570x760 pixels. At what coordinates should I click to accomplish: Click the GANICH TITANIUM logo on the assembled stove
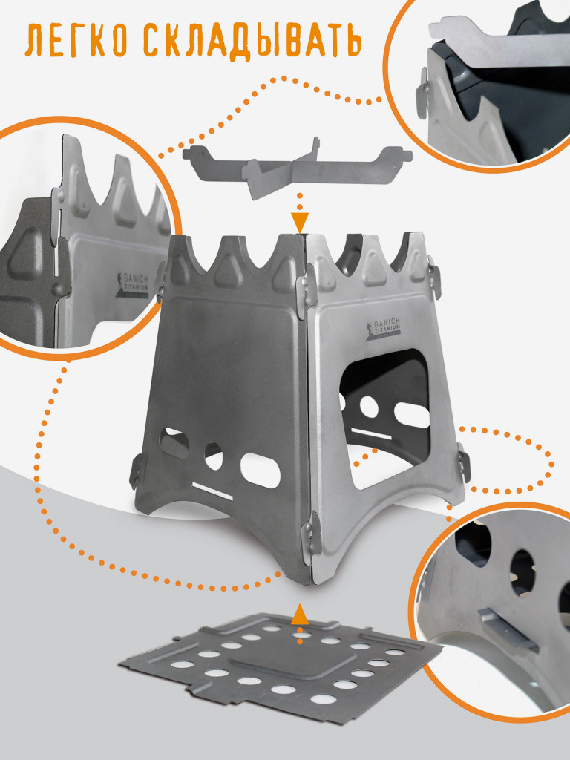click(x=383, y=329)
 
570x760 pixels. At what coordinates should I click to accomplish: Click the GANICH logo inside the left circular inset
click(x=133, y=285)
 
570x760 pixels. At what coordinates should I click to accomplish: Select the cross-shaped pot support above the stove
click(x=298, y=167)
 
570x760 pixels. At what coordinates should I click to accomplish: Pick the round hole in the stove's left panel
click(x=213, y=456)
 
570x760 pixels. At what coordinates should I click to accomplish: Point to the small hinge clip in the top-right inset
click(x=422, y=93)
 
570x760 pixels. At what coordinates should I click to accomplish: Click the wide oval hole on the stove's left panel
click(x=261, y=470)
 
